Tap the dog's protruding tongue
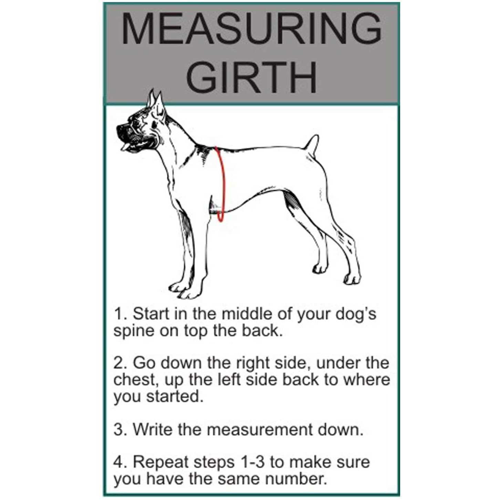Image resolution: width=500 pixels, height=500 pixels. point(124,148)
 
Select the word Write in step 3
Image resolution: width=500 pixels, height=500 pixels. point(152,430)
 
